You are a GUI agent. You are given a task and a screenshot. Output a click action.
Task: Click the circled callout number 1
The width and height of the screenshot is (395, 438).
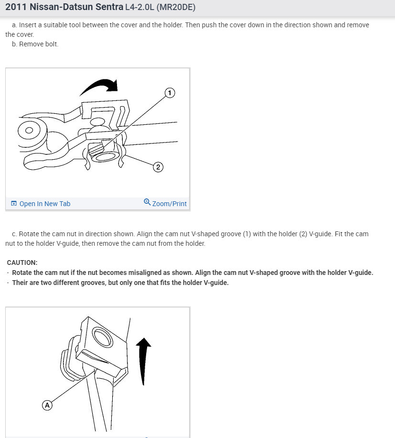point(170,93)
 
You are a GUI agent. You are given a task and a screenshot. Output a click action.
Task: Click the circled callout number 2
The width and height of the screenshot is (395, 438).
point(159,167)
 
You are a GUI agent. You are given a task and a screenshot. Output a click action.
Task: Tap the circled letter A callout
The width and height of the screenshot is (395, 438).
point(47,405)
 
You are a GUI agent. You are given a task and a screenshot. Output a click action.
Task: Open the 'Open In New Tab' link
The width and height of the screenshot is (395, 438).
point(44,204)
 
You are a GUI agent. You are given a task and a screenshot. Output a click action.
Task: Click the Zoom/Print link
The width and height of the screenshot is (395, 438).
point(169,204)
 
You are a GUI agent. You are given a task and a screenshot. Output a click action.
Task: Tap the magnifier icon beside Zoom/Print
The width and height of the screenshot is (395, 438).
point(147,202)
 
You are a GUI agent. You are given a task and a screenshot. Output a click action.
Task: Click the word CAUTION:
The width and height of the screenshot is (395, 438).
point(22,263)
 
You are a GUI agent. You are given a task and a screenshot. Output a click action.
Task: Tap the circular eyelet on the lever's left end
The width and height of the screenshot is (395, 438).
point(29,130)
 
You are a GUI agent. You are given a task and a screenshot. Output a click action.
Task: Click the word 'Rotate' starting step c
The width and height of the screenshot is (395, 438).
point(29,234)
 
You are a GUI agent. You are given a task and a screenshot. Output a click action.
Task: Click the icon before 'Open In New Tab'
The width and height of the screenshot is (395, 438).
point(14,204)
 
